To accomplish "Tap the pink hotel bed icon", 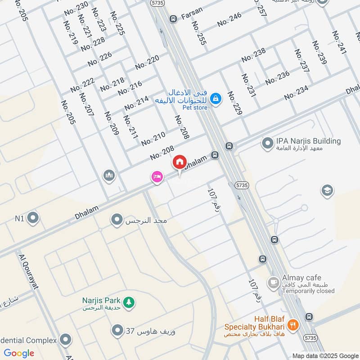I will [157, 177].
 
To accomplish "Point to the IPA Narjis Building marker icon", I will [268, 144].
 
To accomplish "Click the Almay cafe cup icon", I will [273, 283].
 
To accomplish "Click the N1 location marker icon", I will [32, 219].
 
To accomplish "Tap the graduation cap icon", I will [327, 191].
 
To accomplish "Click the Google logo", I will [19, 353].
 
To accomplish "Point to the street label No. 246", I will [229, 19].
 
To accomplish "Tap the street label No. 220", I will [147, 63].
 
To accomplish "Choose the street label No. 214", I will [136, 103].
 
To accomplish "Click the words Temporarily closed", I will [308, 291].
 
